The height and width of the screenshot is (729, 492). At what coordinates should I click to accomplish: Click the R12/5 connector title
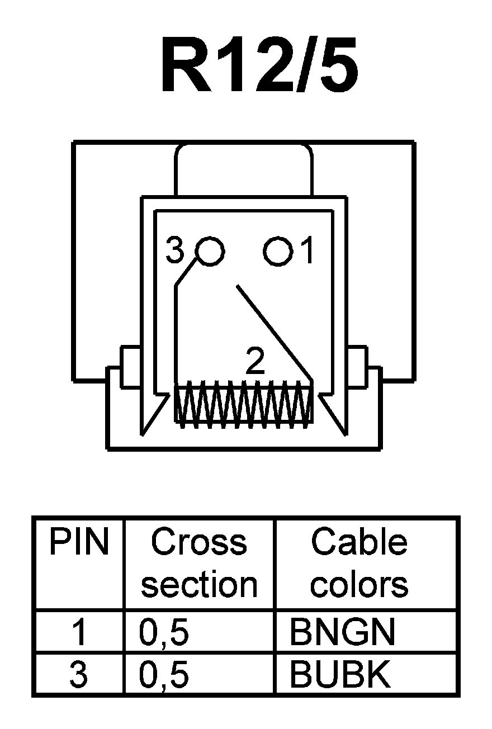(x=259, y=66)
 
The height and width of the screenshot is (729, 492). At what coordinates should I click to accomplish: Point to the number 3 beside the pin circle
(x=175, y=252)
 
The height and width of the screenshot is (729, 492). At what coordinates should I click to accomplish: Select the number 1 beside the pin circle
(x=307, y=252)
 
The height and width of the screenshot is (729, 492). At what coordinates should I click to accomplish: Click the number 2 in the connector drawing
(x=255, y=363)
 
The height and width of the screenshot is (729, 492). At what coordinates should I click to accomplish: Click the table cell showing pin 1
(x=79, y=632)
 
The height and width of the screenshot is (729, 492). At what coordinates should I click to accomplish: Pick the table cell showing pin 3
(x=79, y=675)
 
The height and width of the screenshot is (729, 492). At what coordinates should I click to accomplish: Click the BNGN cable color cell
(x=342, y=632)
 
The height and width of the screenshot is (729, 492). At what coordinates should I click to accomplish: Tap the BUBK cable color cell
(x=339, y=675)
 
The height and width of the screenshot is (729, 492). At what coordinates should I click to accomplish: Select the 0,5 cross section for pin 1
(x=164, y=632)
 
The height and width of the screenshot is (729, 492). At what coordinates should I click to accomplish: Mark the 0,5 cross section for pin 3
(x=164, y=675)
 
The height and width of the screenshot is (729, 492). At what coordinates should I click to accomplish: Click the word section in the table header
(x=199, y=584)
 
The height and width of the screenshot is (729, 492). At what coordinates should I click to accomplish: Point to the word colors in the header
(x=359, y=584)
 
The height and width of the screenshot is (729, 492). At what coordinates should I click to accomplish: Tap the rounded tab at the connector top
(x=244, y=168)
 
